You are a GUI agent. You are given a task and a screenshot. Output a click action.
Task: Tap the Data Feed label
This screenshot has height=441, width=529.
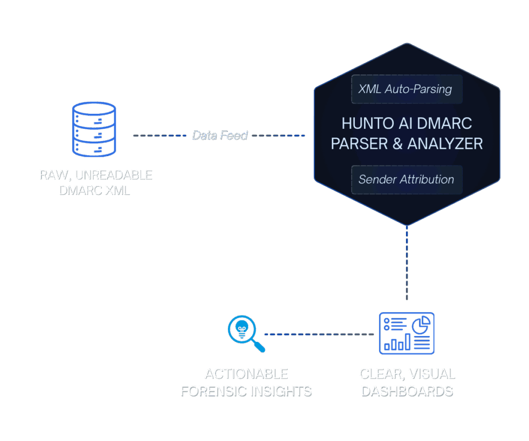[220, 135]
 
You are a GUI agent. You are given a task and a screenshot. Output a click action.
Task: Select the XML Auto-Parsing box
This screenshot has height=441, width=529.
[406, 89]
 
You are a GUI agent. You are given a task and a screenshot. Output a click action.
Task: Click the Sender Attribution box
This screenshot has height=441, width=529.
[406, 179]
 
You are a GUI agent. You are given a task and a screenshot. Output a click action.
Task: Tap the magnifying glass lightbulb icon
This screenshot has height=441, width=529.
[243, 329]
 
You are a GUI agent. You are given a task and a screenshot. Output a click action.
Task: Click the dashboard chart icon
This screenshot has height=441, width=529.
[407, 333]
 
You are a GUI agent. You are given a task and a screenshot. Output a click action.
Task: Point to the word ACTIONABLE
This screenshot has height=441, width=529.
[246, 374]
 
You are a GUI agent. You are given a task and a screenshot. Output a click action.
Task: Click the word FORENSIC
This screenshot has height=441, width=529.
[213, 391]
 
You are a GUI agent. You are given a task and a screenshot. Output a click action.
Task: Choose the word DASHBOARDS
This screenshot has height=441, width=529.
[407, 391]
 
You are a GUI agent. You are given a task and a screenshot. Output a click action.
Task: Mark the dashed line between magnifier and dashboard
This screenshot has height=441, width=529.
[319, 334]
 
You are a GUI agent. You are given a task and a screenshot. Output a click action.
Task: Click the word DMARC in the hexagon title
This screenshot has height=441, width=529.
[449, 124]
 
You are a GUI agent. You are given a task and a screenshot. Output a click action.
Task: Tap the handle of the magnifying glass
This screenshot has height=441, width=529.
[259, 346]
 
